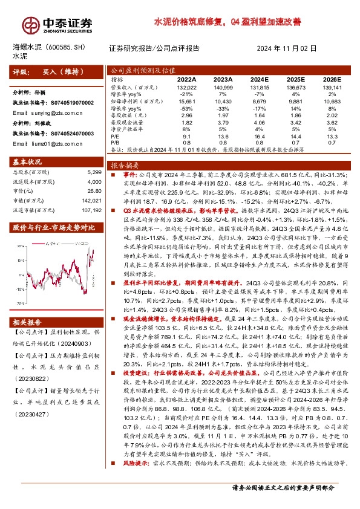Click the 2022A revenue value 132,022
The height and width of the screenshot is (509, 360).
186,87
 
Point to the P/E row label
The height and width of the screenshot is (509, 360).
116,136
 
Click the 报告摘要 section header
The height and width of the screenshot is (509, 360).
124,164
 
